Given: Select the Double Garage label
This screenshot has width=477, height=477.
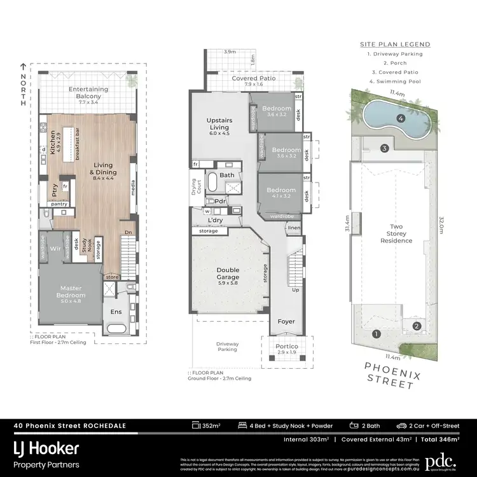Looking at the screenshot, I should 228,273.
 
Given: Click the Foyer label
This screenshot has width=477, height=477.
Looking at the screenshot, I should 287,321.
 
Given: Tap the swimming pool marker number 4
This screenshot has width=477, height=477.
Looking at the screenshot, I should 401,118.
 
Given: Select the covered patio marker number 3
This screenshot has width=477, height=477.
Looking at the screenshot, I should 384,148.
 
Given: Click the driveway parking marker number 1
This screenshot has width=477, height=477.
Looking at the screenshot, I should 376,333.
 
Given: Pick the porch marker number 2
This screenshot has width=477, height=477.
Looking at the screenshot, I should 416,326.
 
